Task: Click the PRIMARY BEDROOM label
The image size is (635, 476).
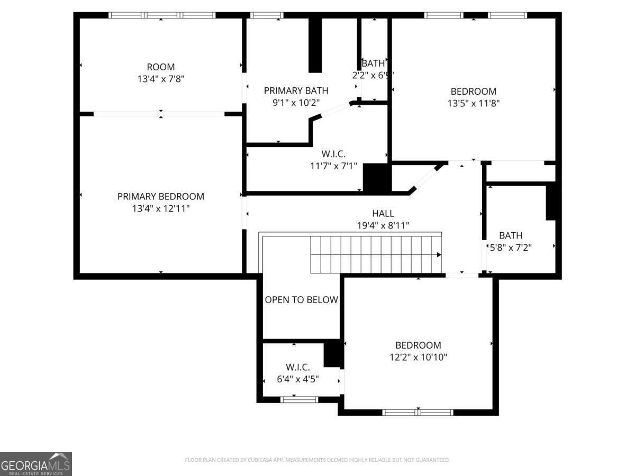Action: tap(160, 196)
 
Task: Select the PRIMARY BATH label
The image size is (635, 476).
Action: tap(296, 90)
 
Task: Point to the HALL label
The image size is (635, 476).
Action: tap(383, 213)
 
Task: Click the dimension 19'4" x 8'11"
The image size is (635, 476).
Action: tap(383, 226)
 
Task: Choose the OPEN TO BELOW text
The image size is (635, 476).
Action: tap(301, 300)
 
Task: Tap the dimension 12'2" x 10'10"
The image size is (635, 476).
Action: tap(418, 358)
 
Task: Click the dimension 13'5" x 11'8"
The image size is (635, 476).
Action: tap(473, 104)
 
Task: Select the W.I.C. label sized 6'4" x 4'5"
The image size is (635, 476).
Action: tap(298, 367)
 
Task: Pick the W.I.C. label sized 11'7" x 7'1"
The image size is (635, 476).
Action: tap(333, 154)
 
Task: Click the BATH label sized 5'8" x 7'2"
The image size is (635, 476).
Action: tap(510, 235)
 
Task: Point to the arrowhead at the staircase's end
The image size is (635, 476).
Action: tap(439, 254)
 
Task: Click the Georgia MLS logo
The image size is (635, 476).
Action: tap(35, 464)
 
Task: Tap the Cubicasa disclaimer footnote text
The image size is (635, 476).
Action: tap(317, 460)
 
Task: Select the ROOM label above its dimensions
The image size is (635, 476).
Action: tap(160, 67)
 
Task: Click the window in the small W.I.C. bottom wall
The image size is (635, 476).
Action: tap(299, 399)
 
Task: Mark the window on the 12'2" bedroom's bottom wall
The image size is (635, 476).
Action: tap(418, 412)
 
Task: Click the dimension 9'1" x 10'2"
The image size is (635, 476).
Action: tap(296, 103)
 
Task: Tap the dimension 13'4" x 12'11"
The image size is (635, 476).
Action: tap(160, 209)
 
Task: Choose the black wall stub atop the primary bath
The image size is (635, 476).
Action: tap(315, 45)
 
